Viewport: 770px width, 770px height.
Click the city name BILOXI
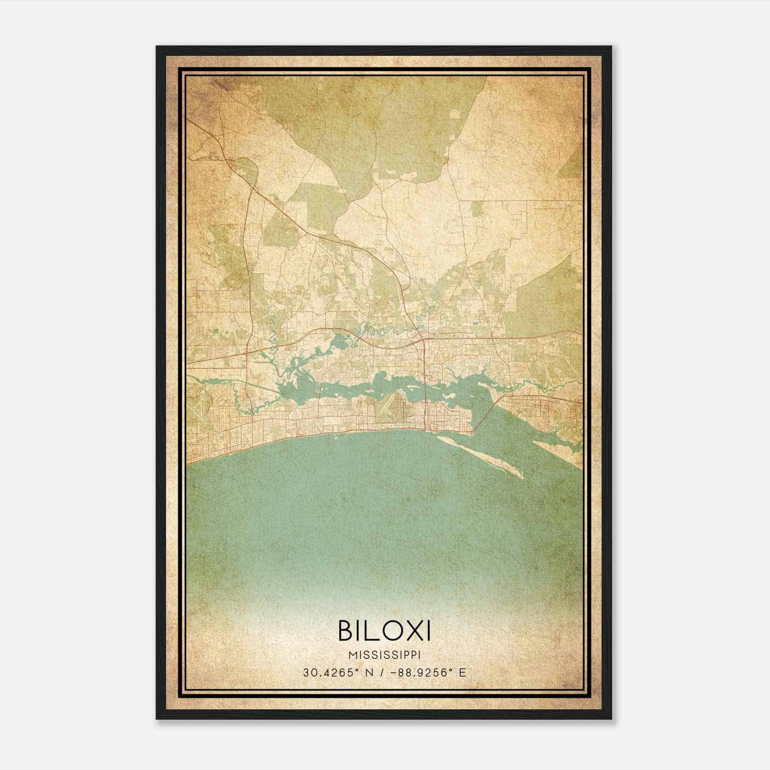pos(385,630)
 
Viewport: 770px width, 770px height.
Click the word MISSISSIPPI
pos(385,655)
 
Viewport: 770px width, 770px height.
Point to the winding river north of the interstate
pos(385,331)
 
